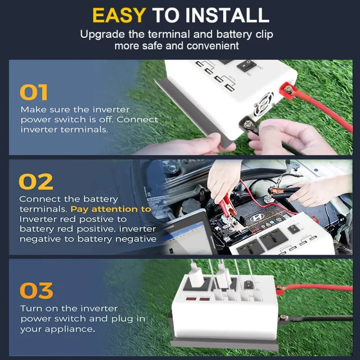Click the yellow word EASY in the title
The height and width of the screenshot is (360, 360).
pos(119,15)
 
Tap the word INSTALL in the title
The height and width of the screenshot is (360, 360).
pos(227,15)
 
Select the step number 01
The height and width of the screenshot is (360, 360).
pos(34,92)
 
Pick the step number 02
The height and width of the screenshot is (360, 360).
pos(36,182)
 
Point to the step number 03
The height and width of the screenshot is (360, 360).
pos(36,290)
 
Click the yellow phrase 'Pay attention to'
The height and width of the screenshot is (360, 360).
pos(111,209)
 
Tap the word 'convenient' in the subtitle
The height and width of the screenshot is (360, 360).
pos(212,46)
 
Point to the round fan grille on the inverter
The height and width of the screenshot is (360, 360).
pos(264,103)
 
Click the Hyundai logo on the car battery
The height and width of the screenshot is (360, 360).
pos(257,218)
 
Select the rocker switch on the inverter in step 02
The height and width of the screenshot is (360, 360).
pos(293,229)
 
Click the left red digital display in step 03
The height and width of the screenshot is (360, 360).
pos(191,299)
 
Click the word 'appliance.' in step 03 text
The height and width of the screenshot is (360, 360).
pos(70,329)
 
